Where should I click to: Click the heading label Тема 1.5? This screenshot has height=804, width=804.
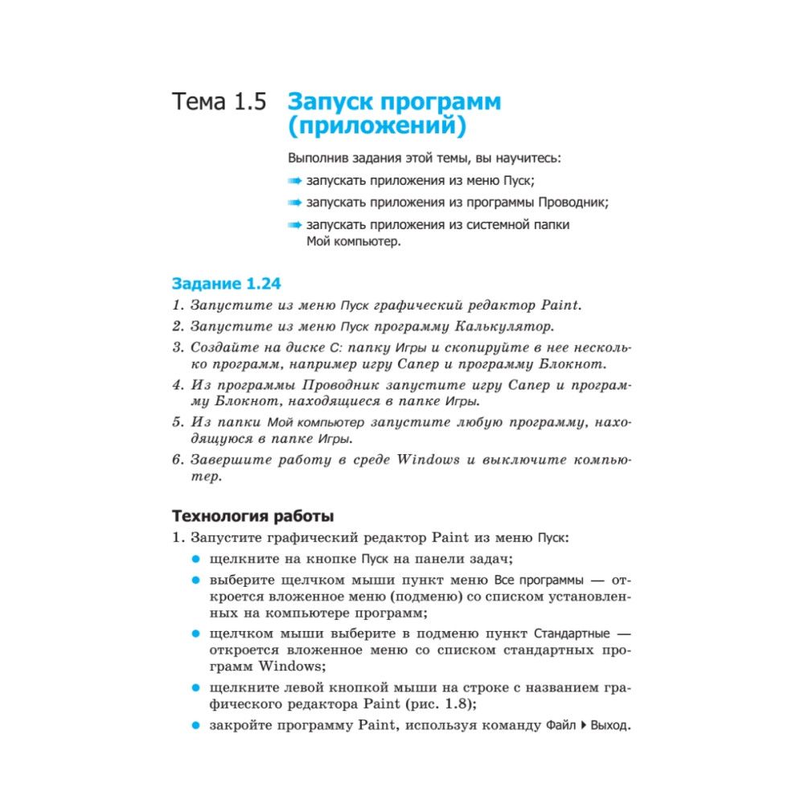coord(218,104)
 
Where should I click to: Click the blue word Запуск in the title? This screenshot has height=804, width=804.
coord(327,103)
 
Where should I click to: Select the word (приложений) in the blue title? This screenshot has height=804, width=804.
coord(376,127)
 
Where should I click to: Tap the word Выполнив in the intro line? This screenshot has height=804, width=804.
coord(318,158)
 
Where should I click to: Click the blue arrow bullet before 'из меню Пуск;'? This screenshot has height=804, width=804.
coord(295,180)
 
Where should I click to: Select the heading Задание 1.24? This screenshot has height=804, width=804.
coord(227,284)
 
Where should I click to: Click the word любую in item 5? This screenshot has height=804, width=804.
coord(480,421)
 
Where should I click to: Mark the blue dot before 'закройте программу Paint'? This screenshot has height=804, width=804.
coord(195,726)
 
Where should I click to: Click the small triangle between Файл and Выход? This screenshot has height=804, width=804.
coord(583,726)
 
